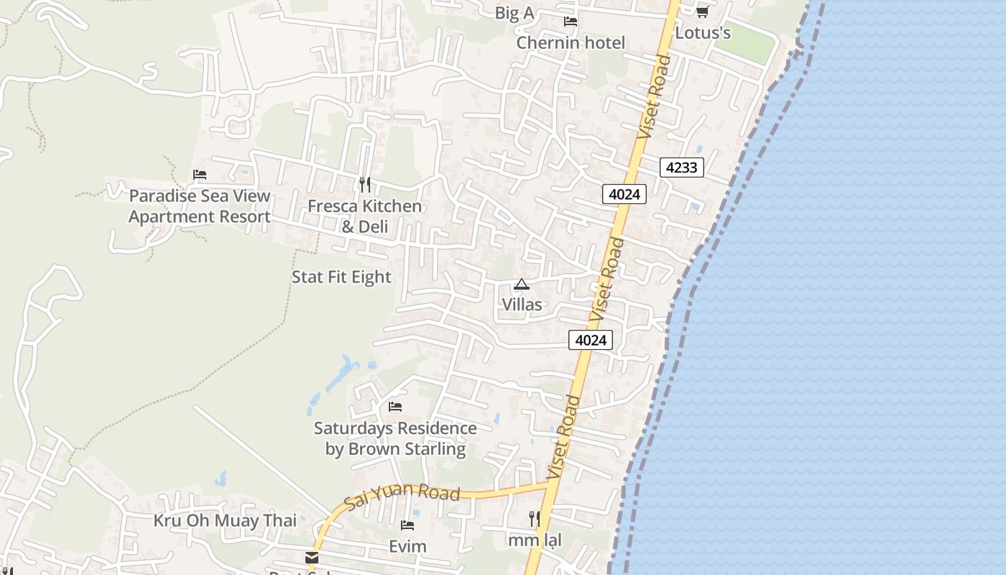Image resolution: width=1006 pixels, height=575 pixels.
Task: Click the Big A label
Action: coord(514,13)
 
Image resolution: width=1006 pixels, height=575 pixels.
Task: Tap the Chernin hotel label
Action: coord(571,43)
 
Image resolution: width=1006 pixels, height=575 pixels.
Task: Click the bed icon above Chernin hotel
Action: coord(571,22)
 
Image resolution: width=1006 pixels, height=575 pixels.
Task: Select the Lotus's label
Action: coord(703,33)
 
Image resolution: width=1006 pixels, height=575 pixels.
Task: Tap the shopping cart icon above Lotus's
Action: coord(702,12)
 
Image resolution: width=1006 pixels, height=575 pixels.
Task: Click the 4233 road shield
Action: coord(681,167)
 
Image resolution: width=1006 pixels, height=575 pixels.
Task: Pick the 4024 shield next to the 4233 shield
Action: coord(624,193)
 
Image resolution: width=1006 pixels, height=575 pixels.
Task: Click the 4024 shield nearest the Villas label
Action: coord(591,340)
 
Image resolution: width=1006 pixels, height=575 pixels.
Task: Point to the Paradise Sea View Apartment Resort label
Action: coord(200,206)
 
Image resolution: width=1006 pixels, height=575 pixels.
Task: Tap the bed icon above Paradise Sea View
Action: coord(200,175)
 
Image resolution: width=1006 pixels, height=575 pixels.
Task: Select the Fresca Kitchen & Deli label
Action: coord(365,216)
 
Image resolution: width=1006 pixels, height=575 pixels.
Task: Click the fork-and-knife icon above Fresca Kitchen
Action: coord(365,185)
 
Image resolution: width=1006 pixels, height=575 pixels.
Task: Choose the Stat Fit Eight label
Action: coord(341,277)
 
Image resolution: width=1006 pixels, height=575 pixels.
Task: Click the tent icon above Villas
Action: coord(522,285)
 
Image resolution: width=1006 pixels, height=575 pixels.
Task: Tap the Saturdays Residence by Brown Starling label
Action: coord(395,438)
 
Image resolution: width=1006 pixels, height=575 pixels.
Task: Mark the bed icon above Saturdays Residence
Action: coord(395,407)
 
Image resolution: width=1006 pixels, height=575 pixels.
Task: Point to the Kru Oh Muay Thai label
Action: coord(225,520)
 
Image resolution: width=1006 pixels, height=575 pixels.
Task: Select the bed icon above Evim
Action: coord(407,525)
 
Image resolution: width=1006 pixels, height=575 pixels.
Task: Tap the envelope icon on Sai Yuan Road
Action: coord(312,558)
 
